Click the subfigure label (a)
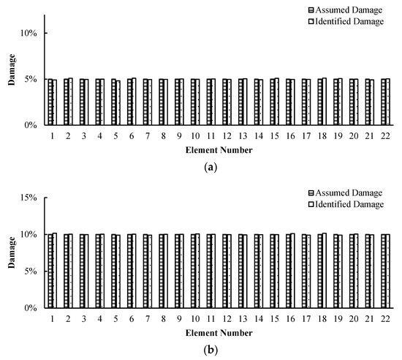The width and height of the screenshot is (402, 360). point(211,168)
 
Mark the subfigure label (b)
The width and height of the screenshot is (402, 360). point(211,350)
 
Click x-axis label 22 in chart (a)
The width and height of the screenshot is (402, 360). point(385,136)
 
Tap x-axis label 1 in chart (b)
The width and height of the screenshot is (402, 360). point(52,319)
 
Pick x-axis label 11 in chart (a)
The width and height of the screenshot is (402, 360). point(211,136)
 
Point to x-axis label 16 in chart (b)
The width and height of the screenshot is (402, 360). point(290,319)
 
